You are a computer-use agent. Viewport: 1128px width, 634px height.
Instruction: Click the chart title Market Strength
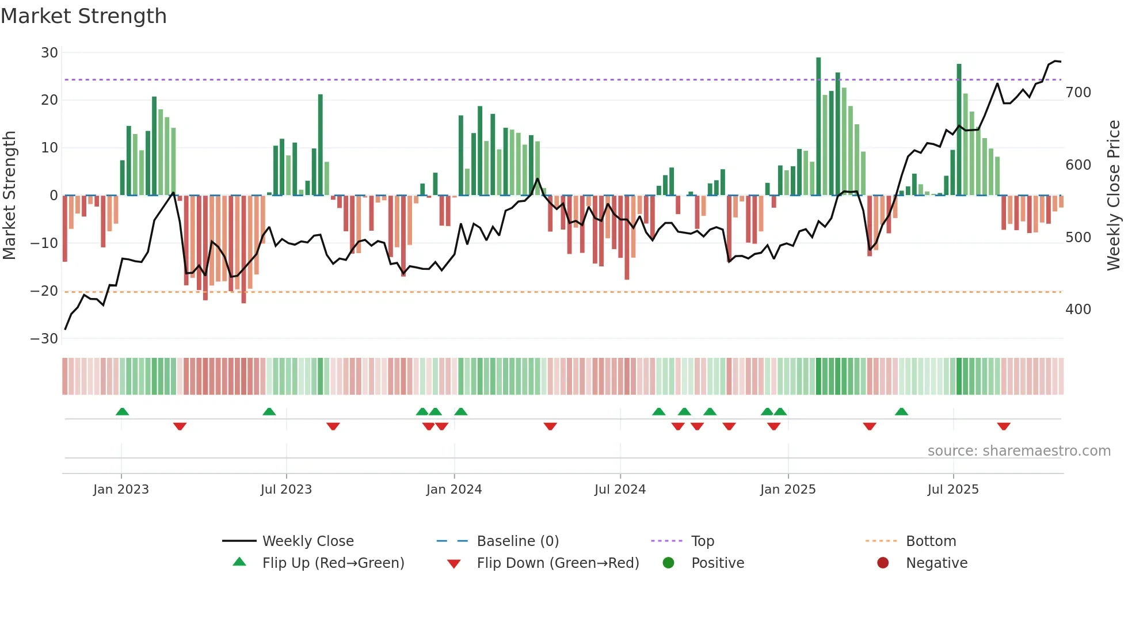pyautogui.click(x=83, y=16)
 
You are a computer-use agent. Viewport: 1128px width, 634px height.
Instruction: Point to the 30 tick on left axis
pyautogui.click(x=49, y=53)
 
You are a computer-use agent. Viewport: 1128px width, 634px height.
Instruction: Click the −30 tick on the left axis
pyautogui.click(x=44, y=339)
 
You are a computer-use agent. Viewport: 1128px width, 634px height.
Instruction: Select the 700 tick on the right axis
pyautogui.click(x=1078, y=93)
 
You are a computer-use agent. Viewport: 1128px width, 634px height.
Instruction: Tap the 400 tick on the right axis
pyautogui.click(x=1078, y=310)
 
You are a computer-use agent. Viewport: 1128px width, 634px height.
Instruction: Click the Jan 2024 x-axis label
pyautogui.click(x=454, y=490)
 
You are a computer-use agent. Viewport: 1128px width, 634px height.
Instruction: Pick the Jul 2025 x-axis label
pyautogui.click(x=952, y=490)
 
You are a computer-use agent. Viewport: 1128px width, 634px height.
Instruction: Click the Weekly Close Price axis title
pyautogui.click(x=1114, y=196)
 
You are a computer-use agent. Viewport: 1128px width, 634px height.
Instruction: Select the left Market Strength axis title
pyautogui.click(x=9, y=196)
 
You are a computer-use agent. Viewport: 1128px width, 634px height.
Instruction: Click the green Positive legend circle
pyautogui.click(x=668, y=563)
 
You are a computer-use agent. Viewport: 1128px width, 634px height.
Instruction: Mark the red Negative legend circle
pyautogui.click(x=882, y=563)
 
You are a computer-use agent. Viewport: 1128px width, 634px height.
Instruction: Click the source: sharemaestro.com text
pyautogui.click(x=1019, y=451)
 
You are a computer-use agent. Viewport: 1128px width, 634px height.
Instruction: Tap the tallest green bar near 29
pyautogui.click(x=818, y=127)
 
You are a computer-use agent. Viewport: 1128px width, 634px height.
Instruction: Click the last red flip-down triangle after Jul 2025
pyautogui.click(x=1004, y=426)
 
